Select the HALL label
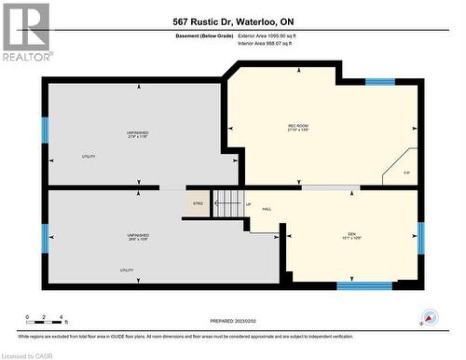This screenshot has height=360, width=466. coord(267,210)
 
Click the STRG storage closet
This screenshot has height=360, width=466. coord(197,204)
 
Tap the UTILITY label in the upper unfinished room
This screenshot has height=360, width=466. coord(89,157)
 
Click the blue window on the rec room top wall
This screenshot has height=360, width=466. coord(379,82)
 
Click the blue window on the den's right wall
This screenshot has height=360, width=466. coord(420,237)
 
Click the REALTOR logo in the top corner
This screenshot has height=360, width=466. coord(25,32)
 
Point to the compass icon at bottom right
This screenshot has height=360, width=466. coord(430,318)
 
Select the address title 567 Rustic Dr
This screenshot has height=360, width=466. coord(232,21)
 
